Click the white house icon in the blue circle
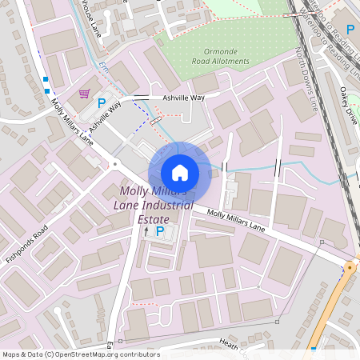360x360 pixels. click(180, 172)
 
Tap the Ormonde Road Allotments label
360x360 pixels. click(221, 57)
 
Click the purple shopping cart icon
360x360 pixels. click(84, 94)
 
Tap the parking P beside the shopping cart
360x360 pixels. click(102, 102)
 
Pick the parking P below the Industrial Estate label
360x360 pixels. click(160, 231)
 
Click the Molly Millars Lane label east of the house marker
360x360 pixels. click(236, 220)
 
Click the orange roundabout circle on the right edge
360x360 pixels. click(350, 268)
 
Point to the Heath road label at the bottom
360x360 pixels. click(229, 342)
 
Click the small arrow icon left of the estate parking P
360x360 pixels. click(146, 231)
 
